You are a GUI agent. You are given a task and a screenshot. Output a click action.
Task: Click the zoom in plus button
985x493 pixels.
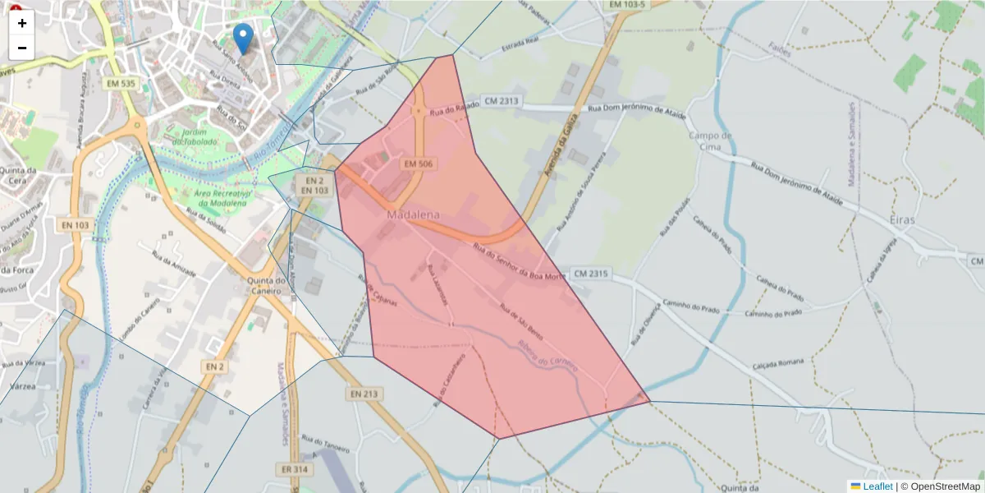22,23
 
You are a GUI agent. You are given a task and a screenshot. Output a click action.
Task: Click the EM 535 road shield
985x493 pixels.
121,83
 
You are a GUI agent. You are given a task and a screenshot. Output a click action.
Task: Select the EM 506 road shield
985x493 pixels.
418,164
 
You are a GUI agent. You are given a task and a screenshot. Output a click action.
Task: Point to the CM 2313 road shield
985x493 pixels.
502,101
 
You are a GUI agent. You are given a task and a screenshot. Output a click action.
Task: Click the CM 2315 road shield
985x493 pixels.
591,273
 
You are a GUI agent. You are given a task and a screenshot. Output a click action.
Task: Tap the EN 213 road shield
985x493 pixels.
364,394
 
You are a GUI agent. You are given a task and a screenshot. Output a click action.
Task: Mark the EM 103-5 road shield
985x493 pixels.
628,5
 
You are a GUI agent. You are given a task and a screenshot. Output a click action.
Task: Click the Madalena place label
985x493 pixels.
413,214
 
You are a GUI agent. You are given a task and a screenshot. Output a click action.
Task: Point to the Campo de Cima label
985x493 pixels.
711,141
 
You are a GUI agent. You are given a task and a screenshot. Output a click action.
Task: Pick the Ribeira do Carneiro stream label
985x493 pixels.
547,356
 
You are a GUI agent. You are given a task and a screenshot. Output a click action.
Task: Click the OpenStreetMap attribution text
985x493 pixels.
945,486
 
